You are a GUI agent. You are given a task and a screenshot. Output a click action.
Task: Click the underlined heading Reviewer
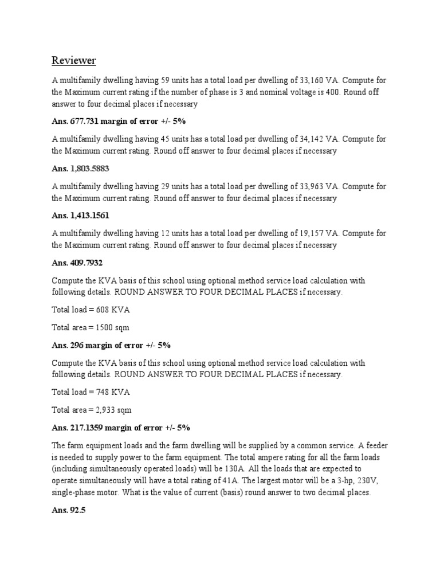(x=74, y=60)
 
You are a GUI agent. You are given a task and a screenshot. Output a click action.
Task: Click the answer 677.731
(x=87, y=122)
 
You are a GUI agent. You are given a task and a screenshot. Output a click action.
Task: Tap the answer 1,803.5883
(x=89, y=169)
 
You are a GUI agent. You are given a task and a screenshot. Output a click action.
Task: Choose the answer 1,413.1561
(x=89, y=216)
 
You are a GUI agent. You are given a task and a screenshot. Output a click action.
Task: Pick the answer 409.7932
(x=87, y=263)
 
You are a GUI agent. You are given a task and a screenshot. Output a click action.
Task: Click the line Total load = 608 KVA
(x=91, y=310)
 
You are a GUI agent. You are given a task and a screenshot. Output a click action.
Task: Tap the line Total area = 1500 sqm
(x=91, y=327)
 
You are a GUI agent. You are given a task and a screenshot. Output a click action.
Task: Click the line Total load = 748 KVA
(x=91, y=392)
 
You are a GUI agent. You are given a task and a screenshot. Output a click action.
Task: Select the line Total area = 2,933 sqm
(x=93, y=410)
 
